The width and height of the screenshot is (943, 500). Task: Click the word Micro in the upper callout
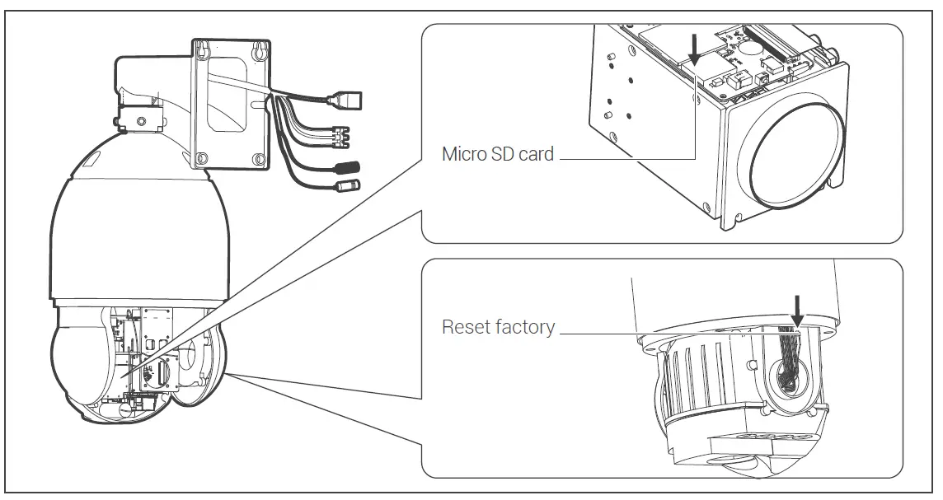[464, 154]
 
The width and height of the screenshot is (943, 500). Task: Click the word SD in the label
[505, 154]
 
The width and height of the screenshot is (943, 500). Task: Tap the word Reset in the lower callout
[467, 327]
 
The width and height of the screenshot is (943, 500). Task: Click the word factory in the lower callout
[525, 327]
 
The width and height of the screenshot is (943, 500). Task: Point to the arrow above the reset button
[796, 310]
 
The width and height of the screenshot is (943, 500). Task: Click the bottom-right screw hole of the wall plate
[260, 159]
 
